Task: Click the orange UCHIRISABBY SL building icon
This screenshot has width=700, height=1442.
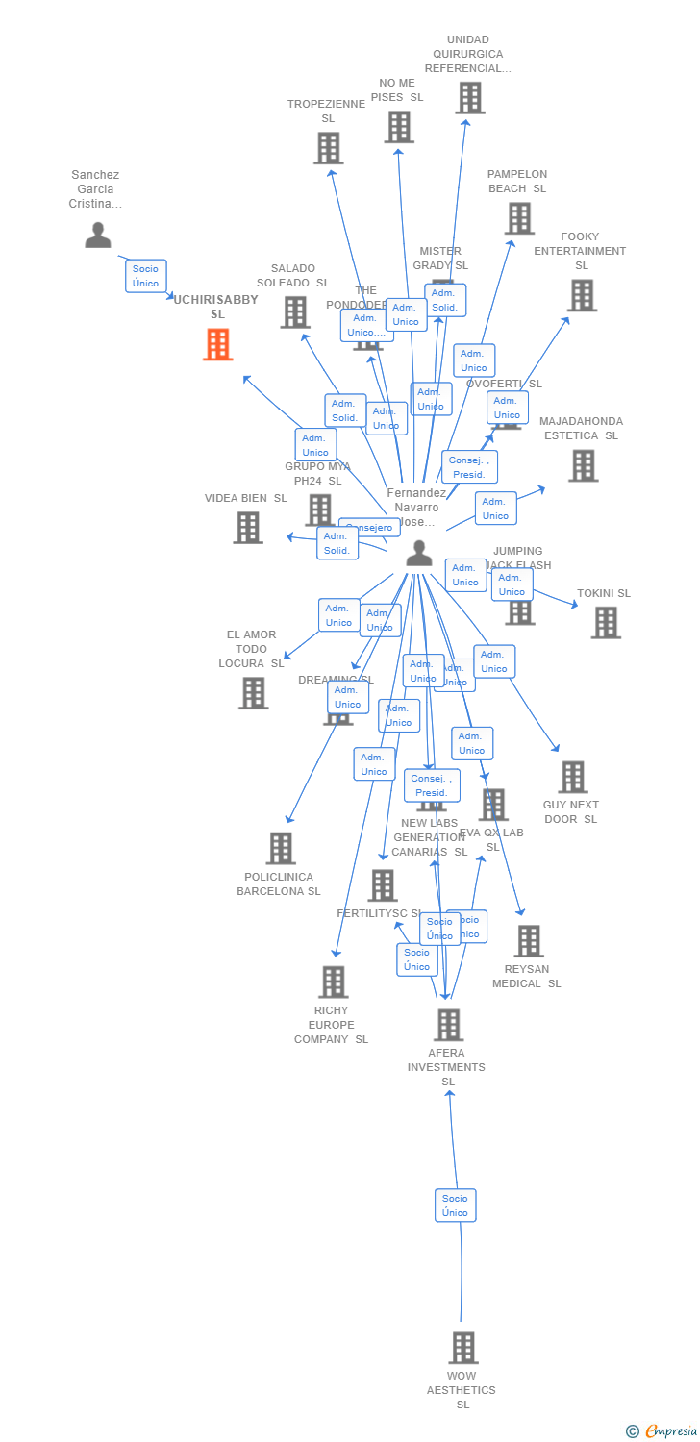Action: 217,344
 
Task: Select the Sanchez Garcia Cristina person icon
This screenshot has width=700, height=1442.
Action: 97,235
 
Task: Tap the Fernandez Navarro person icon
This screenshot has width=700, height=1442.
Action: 418,553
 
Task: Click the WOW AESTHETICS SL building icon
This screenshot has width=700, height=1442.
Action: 462,1348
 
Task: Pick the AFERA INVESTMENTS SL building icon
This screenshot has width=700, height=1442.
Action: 448,1025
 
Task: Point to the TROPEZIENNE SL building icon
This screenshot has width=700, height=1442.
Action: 328,148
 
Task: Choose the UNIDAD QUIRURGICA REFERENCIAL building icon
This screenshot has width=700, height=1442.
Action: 469,98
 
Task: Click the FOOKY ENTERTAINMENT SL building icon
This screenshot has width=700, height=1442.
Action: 582,295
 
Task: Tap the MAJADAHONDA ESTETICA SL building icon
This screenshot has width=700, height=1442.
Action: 583,465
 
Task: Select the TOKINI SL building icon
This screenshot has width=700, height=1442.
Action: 605,623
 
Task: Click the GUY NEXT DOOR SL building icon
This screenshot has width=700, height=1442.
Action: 572,777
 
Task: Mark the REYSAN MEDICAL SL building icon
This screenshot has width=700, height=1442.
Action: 528,941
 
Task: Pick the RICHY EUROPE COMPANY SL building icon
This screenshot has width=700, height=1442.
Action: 333,982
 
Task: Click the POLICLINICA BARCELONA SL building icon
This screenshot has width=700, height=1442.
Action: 281,848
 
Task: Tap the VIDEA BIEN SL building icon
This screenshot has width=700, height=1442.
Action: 248,527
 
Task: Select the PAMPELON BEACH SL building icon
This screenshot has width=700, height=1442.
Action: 519,218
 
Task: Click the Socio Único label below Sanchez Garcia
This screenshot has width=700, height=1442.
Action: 146,276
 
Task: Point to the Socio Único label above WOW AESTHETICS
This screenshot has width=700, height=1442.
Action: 455,1206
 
